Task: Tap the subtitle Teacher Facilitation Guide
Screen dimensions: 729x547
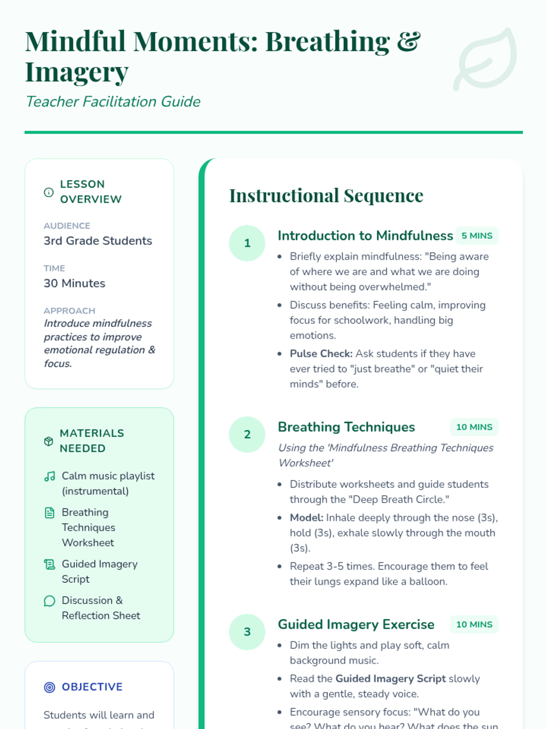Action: [x=113, y=102]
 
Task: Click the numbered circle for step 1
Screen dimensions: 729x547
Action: [x=247, y=243]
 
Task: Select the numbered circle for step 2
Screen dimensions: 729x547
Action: [x=247, y=435]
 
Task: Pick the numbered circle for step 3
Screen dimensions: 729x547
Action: [x=247, y=632]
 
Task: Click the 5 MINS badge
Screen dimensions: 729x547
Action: [x=477, y=236]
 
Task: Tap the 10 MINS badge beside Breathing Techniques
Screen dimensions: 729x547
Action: [x=474, y=427]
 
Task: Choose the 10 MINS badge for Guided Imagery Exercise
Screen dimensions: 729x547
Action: [x=474, y=625]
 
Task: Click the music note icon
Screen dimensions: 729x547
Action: [x=50, y=477]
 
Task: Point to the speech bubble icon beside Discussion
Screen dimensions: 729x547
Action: [x=50, y=601]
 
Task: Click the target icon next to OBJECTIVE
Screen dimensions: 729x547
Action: [x=50, y=687]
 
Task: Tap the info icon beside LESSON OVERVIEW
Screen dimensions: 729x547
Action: [x=49, y=192]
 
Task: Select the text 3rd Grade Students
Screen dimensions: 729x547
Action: [x=98, y=241]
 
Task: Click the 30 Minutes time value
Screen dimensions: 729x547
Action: [x=74, y=283]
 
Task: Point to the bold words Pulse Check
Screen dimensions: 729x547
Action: [x=321, y=354]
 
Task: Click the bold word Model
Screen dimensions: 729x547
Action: [x=306, y=518]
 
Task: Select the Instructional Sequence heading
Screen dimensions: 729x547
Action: [x=326, y=196]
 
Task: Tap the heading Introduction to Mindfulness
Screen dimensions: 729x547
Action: [x=365, y=236]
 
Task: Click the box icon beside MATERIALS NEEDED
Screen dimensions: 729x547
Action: [x=49, y=441]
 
